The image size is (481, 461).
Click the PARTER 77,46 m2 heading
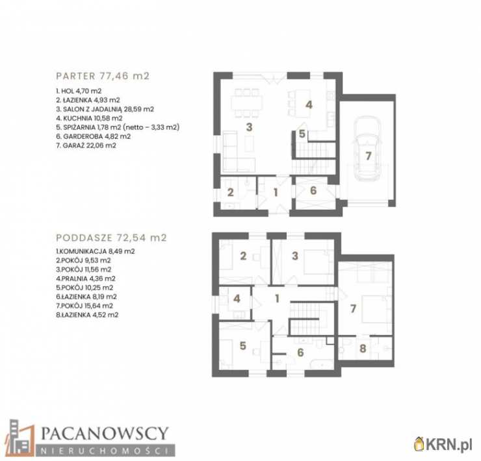103,76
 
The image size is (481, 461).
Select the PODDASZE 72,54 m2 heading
111,238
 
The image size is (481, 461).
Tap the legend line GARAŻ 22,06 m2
86,145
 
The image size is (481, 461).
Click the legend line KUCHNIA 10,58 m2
89,118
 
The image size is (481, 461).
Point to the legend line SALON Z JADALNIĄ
105,109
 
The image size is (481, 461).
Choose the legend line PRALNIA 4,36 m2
86,279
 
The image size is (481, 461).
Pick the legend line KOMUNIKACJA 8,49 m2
96,251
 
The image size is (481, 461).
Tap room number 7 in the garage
369,156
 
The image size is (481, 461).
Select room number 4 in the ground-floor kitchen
309,105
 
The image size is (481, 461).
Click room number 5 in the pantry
302,134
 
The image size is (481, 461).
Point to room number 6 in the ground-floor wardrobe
313,190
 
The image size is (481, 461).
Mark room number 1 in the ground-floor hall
276,192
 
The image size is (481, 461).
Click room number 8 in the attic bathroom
363,348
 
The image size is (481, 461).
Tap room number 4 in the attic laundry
237,299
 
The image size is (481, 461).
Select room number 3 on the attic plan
295,256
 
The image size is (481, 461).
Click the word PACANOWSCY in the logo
105,433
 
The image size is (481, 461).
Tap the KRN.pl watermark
443,445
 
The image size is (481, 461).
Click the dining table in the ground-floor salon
246,103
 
